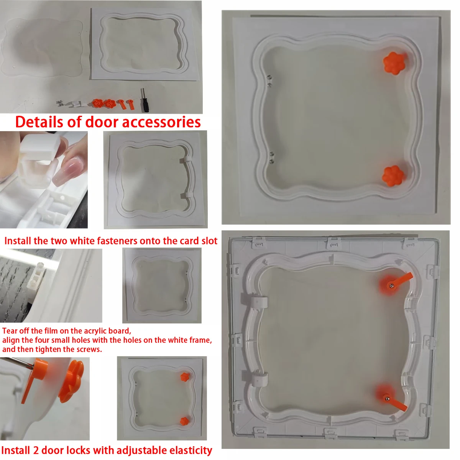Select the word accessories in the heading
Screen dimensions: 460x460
tap(161, 123)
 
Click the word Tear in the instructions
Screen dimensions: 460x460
tap(10, 331)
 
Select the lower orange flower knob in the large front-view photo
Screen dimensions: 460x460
tap(393, 176)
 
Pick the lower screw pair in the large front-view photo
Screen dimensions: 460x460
tap(271, 158)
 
